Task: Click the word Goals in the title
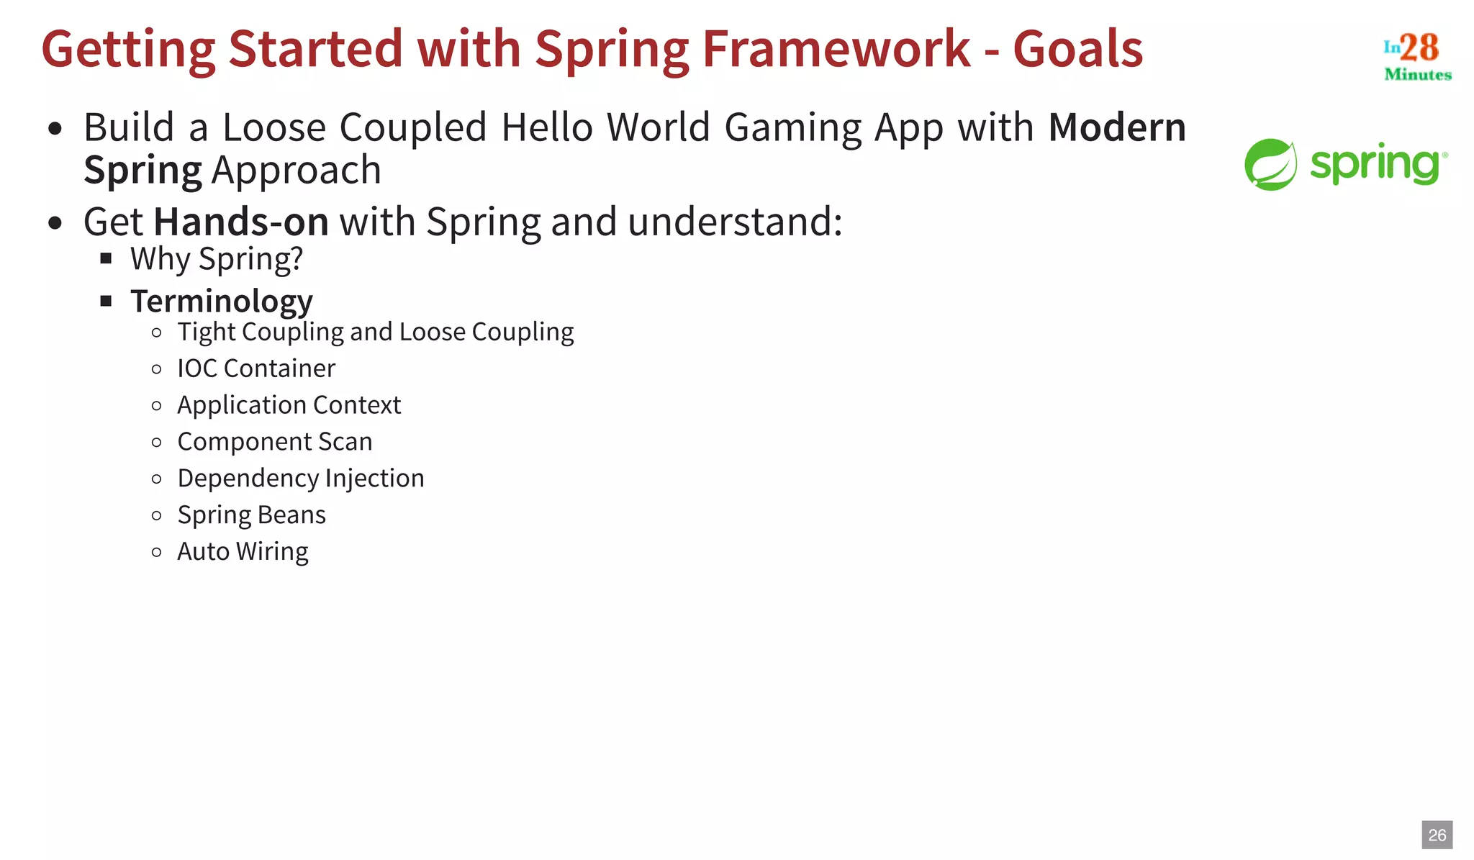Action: pos(1077,49)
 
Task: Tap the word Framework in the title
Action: pos(836,49)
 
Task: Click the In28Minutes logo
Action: pos(1417,56)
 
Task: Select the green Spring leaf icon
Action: pos(1270,165)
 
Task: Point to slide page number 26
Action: pos(1437,835)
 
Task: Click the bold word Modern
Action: pos(1116,127)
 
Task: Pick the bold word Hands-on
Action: pos(241,222)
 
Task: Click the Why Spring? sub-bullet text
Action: pos(217,259)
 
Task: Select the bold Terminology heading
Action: pos(222,301)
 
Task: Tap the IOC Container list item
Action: pos(256,368)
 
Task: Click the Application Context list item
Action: pos(289,405)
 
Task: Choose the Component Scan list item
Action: pos(275,442)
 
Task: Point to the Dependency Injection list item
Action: pos(301,479)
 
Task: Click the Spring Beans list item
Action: pos(251,515)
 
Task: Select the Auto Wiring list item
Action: pos(243,552)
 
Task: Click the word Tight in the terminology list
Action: pos(207,332)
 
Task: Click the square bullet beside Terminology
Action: pos(107,301)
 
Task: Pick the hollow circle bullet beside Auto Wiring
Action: pos(157,553)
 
